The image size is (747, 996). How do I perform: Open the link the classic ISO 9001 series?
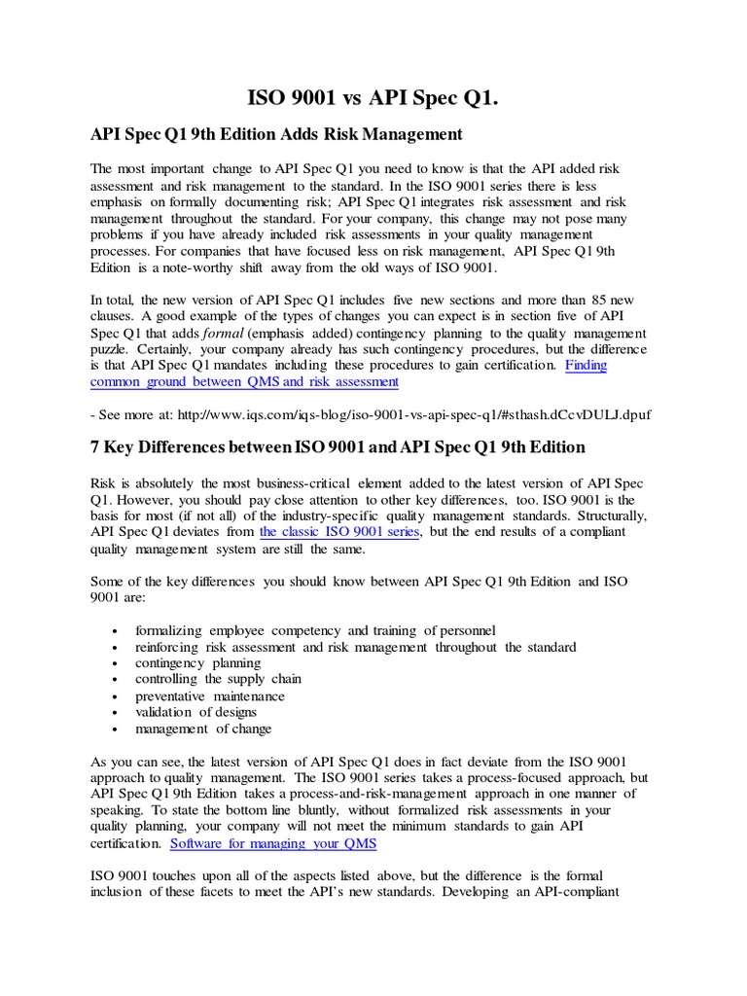coord(339,532)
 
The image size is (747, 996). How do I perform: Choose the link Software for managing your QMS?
coord(273,843)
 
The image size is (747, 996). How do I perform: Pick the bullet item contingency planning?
coord(198,662)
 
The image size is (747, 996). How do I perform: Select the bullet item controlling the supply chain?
coord(218,679)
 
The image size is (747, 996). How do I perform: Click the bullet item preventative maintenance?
coord(210,695)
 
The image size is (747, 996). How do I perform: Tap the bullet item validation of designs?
coord(197,712)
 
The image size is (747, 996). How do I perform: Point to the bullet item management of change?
coord(203,729)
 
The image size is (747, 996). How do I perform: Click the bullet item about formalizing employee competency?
coord(315,629)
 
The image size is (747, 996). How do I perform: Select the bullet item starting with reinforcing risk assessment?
coord(355,646)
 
